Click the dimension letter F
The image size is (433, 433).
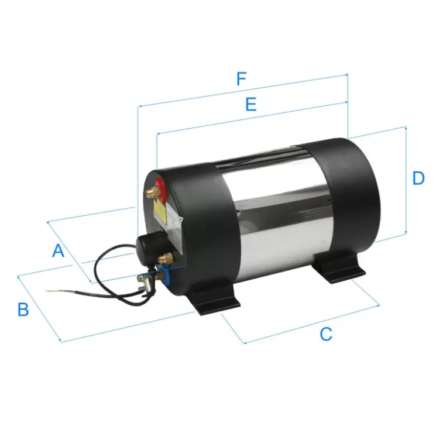tap(242, 79)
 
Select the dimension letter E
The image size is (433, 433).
tap(251, 104)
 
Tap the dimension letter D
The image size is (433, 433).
tap(418, 178)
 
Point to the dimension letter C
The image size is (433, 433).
tap(326, 334)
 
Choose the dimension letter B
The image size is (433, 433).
tap(23, 310)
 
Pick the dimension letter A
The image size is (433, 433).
tap(59, 251)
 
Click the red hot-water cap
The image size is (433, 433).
tap(161, 189)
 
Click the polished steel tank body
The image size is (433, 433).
tap(276, 212)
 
